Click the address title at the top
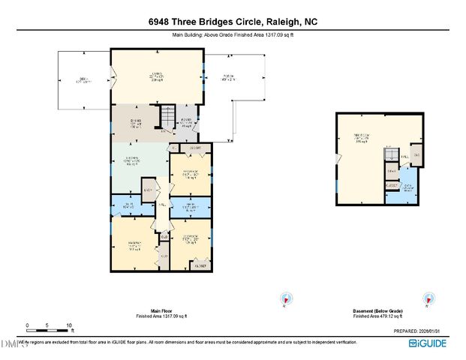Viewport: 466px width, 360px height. (233, 22)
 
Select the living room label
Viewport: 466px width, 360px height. (157, 75)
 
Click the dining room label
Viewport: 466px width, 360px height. (136, 123)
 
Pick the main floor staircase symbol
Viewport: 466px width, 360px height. (167, 118)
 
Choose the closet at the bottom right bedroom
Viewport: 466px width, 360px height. (200, 265)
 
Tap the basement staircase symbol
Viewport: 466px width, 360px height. (391, 154)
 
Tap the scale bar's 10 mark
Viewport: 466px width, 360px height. (69, 325)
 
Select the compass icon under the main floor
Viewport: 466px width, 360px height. (284, 298)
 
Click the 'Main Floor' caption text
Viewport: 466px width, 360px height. (162, 310)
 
